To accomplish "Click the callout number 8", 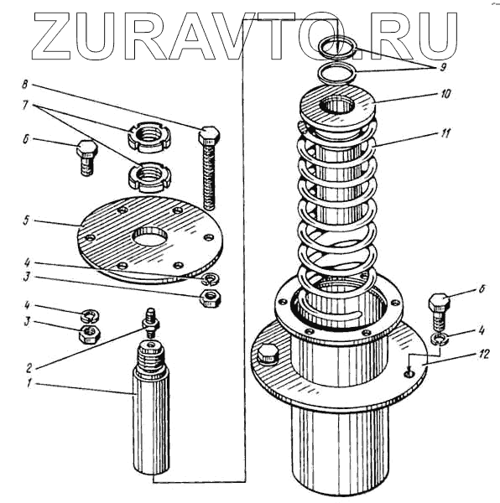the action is point(25,85).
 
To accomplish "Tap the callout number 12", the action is point(483,355).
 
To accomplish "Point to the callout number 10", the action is point(445,94).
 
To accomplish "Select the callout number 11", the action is point(445,133).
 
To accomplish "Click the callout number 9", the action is point(443,68).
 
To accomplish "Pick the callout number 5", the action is point(26,220).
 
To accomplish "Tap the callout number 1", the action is point(29,383).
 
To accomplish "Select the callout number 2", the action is point(29,368).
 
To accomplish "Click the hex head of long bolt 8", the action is point(210,135).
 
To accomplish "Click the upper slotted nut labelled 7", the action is point(149,137).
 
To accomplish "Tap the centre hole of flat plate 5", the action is point(150,236).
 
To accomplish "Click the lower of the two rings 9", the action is point(337,74).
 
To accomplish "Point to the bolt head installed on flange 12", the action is point(268,355).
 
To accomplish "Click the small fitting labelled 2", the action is point(150,323).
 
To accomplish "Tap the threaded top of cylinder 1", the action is point(151,356).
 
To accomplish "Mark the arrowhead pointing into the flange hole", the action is point(409,371).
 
